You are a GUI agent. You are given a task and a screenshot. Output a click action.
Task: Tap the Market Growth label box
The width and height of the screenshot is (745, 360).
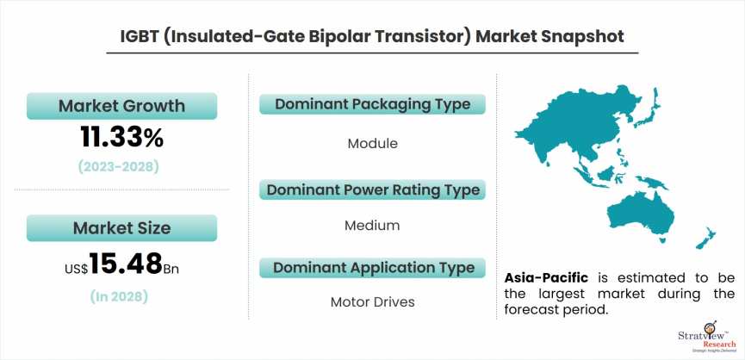pos(121,106)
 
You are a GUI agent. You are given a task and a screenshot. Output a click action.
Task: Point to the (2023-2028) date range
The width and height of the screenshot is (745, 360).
pos(121,166)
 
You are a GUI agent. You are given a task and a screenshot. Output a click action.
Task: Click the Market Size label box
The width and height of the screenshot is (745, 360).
pos(121,228)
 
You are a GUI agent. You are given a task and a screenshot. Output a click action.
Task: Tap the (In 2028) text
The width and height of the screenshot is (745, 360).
pos(121,297)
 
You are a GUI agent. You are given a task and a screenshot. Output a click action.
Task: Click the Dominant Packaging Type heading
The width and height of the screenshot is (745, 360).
pos(372,104)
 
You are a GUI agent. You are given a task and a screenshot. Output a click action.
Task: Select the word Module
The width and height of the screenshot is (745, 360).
pos(372,143)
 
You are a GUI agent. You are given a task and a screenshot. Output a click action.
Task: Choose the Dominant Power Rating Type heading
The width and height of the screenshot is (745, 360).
pos(372,189)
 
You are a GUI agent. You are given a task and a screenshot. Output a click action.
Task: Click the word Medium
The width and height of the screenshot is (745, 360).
pos(372,226)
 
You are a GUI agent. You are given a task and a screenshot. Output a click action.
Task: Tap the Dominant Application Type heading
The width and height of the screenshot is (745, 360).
pos(372,268)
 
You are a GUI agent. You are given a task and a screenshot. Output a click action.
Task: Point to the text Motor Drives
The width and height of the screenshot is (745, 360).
pos(372,302)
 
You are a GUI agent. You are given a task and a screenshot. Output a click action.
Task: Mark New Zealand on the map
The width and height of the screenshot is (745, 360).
pos(705,238)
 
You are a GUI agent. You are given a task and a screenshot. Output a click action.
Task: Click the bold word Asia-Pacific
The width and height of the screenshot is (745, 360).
pos(546,277)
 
